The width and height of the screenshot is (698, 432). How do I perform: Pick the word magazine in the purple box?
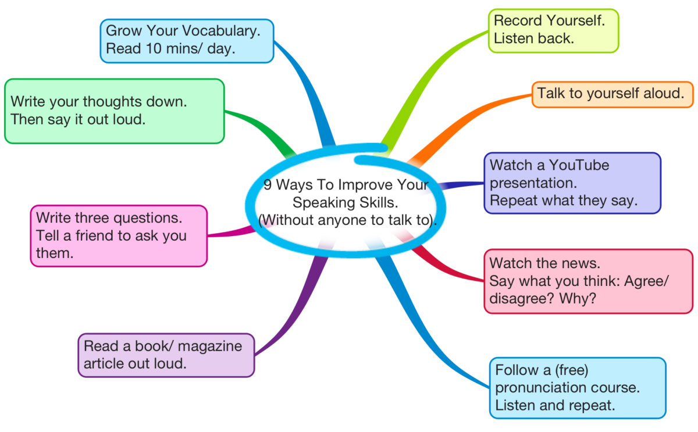pyautogui.click(x=210, y=347)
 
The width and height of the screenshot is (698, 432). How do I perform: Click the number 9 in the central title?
pyautogui.click(x=268, y=185)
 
